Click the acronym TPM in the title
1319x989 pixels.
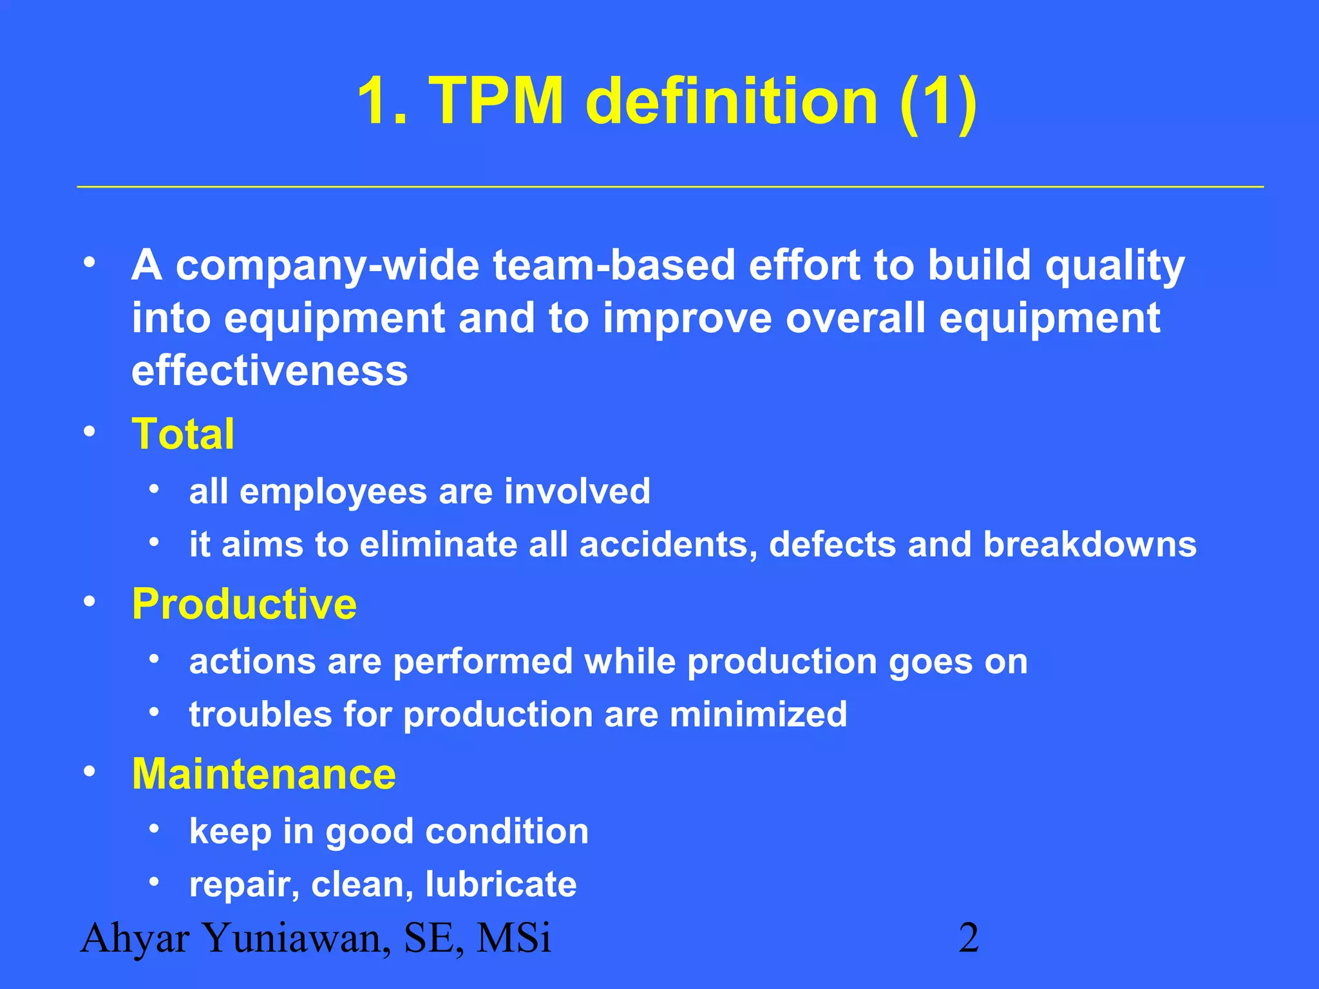(497, 101)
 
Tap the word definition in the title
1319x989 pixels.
(732, 101)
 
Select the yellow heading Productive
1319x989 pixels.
(244, 604)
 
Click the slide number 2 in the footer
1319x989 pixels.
(969, 937)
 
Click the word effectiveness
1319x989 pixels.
(269, 371)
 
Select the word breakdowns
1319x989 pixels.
(1090, 545)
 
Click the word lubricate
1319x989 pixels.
(500, 884)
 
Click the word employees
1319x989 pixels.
(333, 492)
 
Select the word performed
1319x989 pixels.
(482, 662)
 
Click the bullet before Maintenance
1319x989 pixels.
(90, 771)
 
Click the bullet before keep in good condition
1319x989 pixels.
(153, 829)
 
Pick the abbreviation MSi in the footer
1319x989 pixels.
(513, 937)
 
